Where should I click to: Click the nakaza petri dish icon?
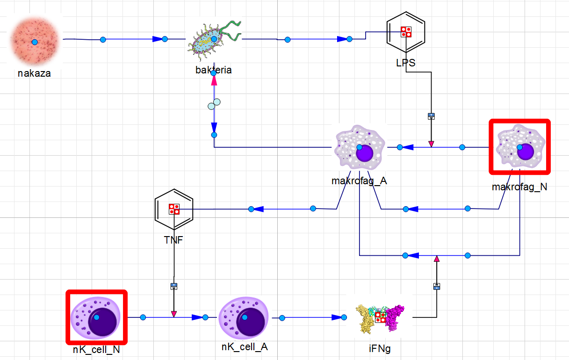(34, 42)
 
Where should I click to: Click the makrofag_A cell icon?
(359, 147)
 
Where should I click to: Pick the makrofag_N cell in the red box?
(519, 147)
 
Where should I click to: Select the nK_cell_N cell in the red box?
(96, 317)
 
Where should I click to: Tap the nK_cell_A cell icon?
(244, 317)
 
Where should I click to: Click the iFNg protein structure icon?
(380, 317)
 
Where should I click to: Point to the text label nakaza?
(34, 73)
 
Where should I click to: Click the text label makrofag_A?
(359, 181)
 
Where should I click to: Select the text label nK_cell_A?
(245, 347)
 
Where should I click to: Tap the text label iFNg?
(379, 348)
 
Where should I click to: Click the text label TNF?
(173, 241)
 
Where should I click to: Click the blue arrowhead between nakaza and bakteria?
(157, 39)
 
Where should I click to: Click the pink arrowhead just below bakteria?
(214, 80)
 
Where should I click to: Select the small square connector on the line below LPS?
(432, 116)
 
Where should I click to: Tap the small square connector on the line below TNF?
(174, 286)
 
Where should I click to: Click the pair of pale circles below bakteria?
(214, 104)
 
